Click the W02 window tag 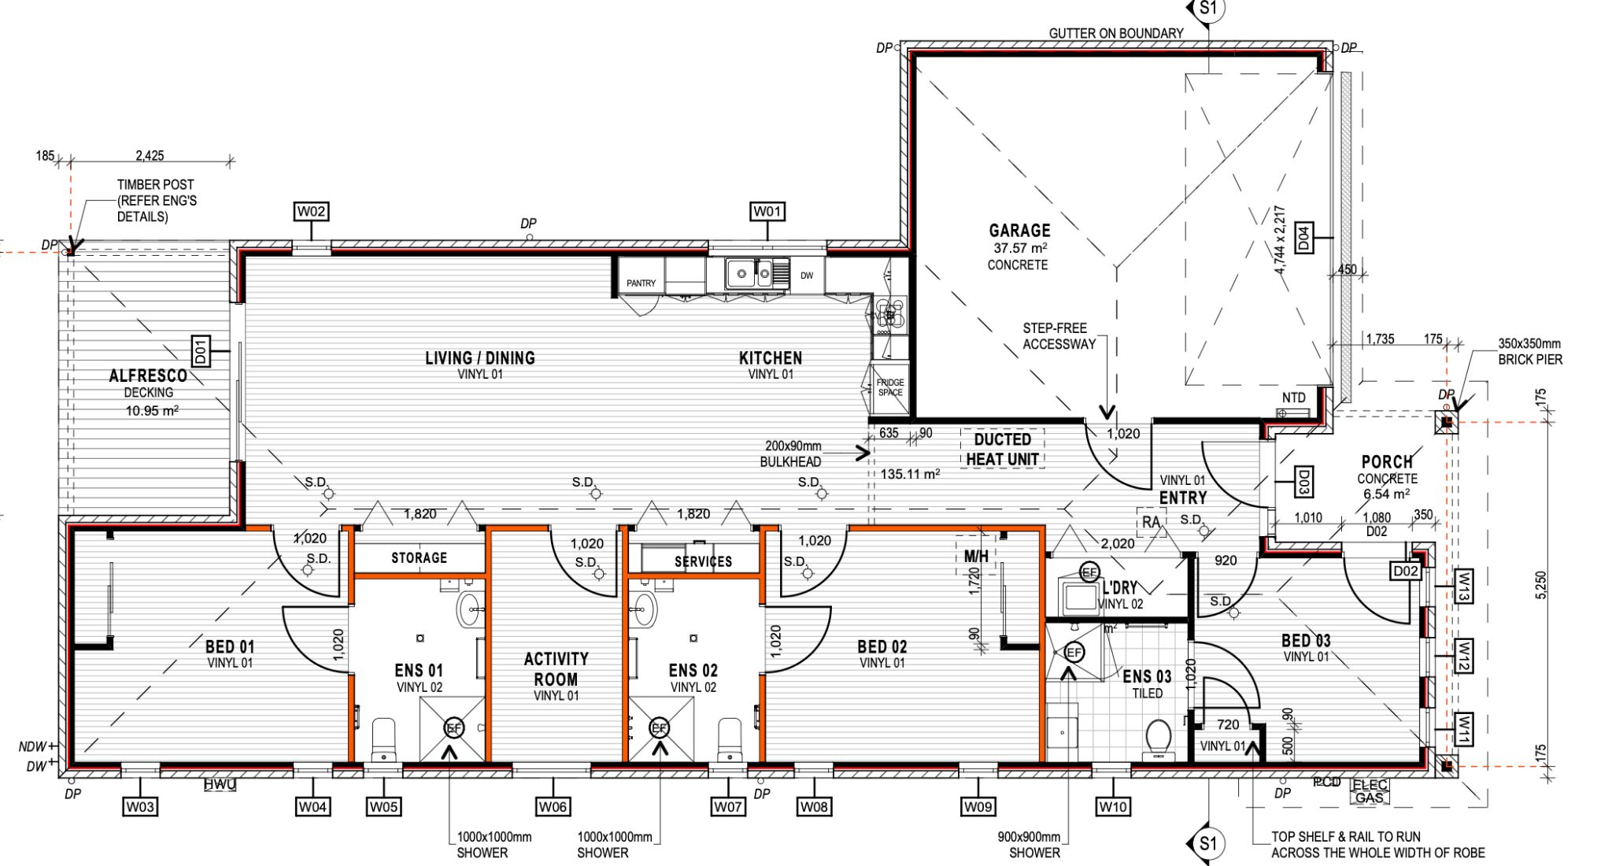[x=311, y=211]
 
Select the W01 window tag [x=767, y=211]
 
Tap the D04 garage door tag [x=1303, y=237]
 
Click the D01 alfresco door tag [x=200, y=350]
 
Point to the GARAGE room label [x=1019, y=231]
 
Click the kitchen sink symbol [x=752, y=273]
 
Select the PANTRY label [x=641, y=283]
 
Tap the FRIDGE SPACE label [x=890, y=387]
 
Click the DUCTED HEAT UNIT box [x=1002, y=449]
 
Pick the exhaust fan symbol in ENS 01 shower [x=454, y=728]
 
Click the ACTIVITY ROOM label [x=556, y=668]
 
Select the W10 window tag [x=1113, y=806]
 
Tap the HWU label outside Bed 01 [x=220, y=784]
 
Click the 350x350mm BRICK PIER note [x=1529, y=351]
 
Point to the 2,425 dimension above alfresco [x=150, y=156]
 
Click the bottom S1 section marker [x=1207, y=844]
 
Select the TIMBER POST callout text [x=156, y=200]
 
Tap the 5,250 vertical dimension [x=1540, y=585]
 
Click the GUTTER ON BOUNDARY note [x=1115, y=33]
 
